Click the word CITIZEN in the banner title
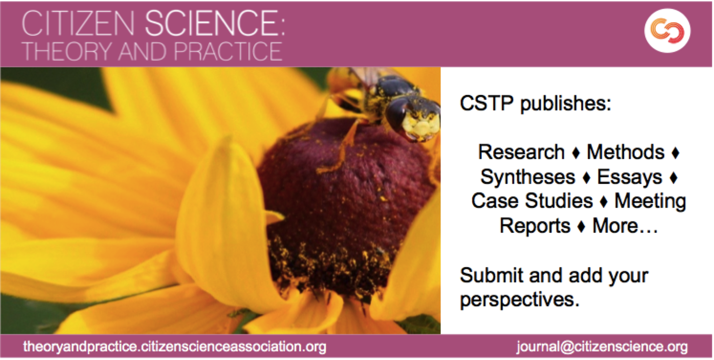click(x=79, y=23)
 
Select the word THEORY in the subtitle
click(x=68, y=51)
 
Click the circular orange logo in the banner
click(x=667, y=30)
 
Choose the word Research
click(x=522, y=152)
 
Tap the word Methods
click(x=626, y=152)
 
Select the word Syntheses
click(x=528, y=177)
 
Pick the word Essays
click(x=630, y=177)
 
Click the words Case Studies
click(x=532, y=201)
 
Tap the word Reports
click(x=535, y=226)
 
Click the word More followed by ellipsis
click(x=625, y=226)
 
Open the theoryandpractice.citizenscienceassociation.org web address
click(x=175, y=347)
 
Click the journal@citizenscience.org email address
click(x=602, y=347)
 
